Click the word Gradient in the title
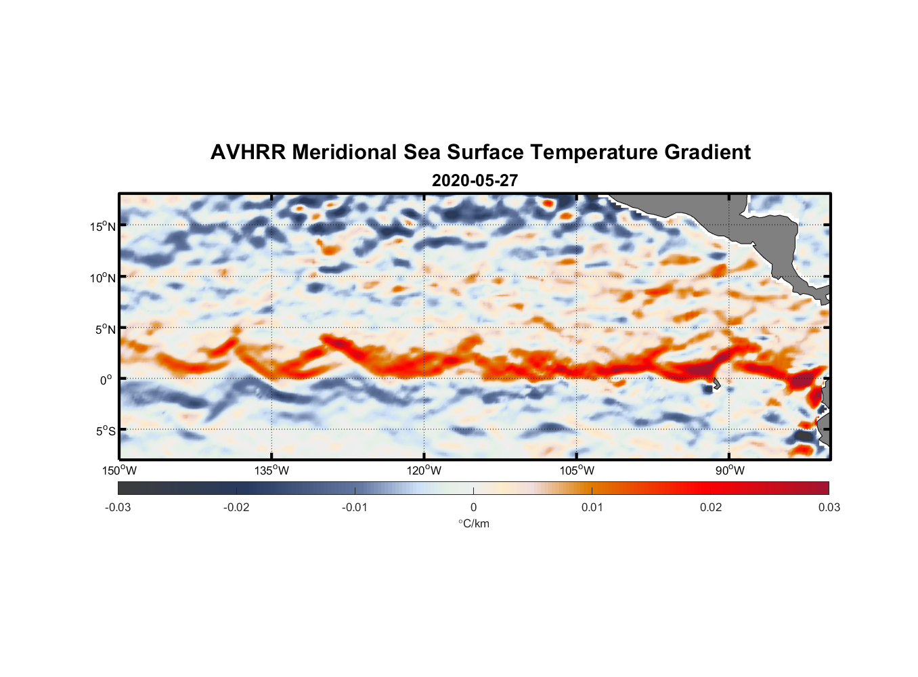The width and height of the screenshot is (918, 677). pos(707,152)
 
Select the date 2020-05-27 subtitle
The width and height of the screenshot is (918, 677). pos(475,181)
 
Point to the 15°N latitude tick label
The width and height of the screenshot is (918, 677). pos(103,226)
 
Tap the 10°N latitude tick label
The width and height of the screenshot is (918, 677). pos(103,278)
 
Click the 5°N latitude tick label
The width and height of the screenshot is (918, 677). pos(106,329)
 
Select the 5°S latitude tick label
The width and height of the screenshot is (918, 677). pos(106,431)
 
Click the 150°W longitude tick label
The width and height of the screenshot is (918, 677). pos(119,471)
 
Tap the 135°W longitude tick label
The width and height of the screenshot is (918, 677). pos(271,471)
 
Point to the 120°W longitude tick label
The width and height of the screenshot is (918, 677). pos(424,471)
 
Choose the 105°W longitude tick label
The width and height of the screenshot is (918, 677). pos(577,471)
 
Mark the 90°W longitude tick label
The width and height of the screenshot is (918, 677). pos(730,471)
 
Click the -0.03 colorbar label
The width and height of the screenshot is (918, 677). pos(118,507)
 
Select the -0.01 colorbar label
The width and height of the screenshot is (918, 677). pos(355,507)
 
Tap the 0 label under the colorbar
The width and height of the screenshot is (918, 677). pos(473,507)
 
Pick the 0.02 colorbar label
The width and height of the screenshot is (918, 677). pos(711,507)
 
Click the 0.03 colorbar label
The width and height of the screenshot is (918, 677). pos(829,507)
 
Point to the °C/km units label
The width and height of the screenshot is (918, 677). pos(473,523)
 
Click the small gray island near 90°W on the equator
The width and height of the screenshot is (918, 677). pos(716,383)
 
